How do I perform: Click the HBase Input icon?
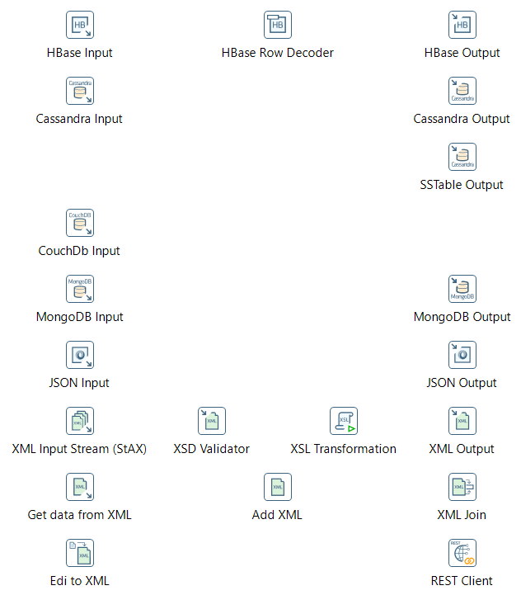point(79,25)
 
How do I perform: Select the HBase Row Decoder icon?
point(278,25)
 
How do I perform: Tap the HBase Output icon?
point(462,25)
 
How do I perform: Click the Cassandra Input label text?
point(79,119)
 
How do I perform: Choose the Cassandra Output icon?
point(462,91)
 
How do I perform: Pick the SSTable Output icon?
point(462,157)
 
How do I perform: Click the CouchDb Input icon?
point(79,223)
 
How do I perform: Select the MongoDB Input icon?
point(79,289)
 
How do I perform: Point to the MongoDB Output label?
point(462,317)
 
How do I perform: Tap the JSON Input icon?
point(79,355)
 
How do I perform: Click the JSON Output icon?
point(462,355)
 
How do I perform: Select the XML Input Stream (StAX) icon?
point(79,421)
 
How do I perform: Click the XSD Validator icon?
point(212,421)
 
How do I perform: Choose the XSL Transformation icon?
point(344,421)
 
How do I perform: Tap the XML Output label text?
point(462,449)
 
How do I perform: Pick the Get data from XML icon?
point(79,487)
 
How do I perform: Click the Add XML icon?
point(278,487)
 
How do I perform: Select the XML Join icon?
point(462,487)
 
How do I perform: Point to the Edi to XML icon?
point(79,553)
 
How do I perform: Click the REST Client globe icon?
point(462,553)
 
